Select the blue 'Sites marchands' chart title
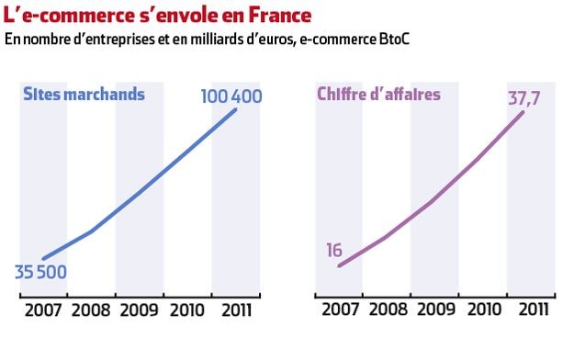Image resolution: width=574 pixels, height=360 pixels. coord(84,94)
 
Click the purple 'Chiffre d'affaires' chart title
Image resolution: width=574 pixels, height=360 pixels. coord(378,94)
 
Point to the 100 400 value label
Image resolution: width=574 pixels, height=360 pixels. coord(232,95)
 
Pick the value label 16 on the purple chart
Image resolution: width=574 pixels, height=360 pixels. coord(334,251)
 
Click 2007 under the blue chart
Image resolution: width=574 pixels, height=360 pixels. coord(42,309)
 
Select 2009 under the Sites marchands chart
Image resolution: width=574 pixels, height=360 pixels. coord(140,309)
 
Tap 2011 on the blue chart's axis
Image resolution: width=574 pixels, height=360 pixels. coord(236,309)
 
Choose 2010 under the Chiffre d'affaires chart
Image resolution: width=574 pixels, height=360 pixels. coord(483,309)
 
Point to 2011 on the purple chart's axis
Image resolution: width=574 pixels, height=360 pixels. coord(532,309)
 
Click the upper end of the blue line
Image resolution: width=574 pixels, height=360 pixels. coord(235,110)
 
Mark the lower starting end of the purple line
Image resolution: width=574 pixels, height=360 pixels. coord(339,266)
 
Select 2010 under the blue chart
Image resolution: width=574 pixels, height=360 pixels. coord(187,309)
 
